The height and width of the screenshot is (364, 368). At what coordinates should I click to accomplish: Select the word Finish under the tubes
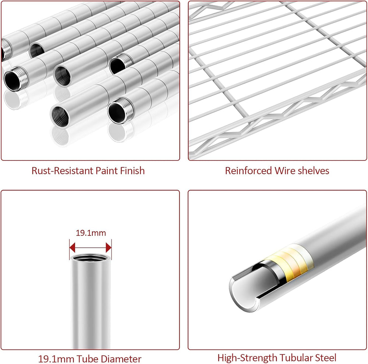pyautogui.click(x=132, y=171)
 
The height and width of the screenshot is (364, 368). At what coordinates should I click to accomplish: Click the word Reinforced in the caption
pyautogui.click(x=248, y=171)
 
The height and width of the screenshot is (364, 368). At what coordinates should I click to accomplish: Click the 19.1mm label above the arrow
pyautogui.click(x=91, y=233)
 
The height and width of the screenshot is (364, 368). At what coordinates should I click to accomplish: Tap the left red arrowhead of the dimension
pyautogui.click(x=72, y=247)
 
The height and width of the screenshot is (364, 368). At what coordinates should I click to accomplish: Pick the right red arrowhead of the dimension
pyautogui.click(x=109, y=247)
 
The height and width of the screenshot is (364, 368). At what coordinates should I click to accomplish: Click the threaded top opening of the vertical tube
pyautogui.click(x=91, y=258)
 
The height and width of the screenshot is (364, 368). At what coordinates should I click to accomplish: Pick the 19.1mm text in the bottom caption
pyautogui.click(x=56, y=359)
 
